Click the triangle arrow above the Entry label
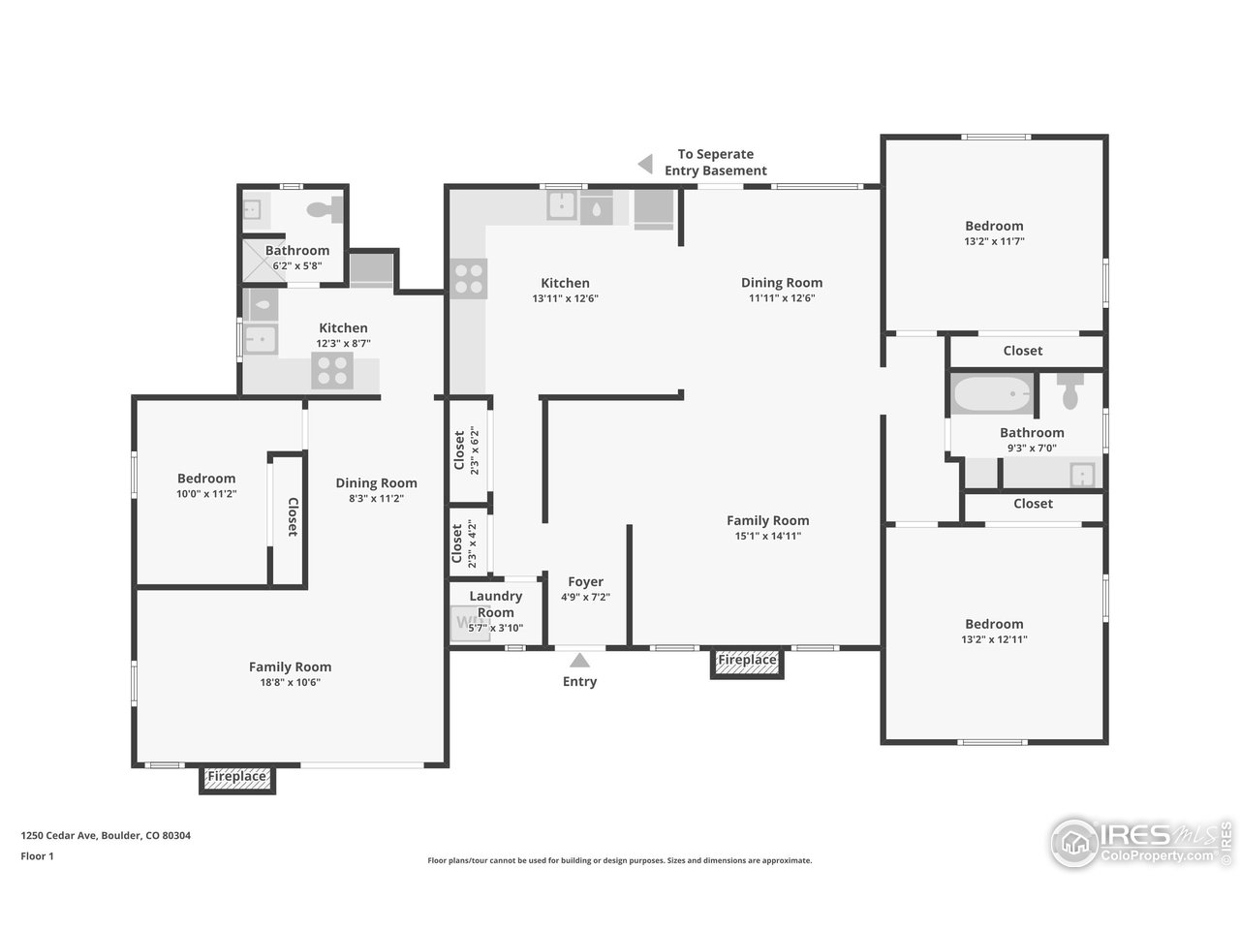[579, 661]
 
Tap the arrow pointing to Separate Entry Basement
[645, 164]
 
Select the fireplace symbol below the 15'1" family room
[747, 661]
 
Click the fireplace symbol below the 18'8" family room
[237, 777]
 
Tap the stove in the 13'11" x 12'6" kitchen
[469, 279]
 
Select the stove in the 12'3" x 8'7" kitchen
[332, 371]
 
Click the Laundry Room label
[495, 604]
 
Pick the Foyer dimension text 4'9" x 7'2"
[585, 598]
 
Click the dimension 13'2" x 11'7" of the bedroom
[994, 241]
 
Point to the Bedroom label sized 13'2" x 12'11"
[994, 624]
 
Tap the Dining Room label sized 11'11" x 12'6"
[782, 283]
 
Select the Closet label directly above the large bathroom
[1023, 351]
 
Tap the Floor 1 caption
[37, 855]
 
